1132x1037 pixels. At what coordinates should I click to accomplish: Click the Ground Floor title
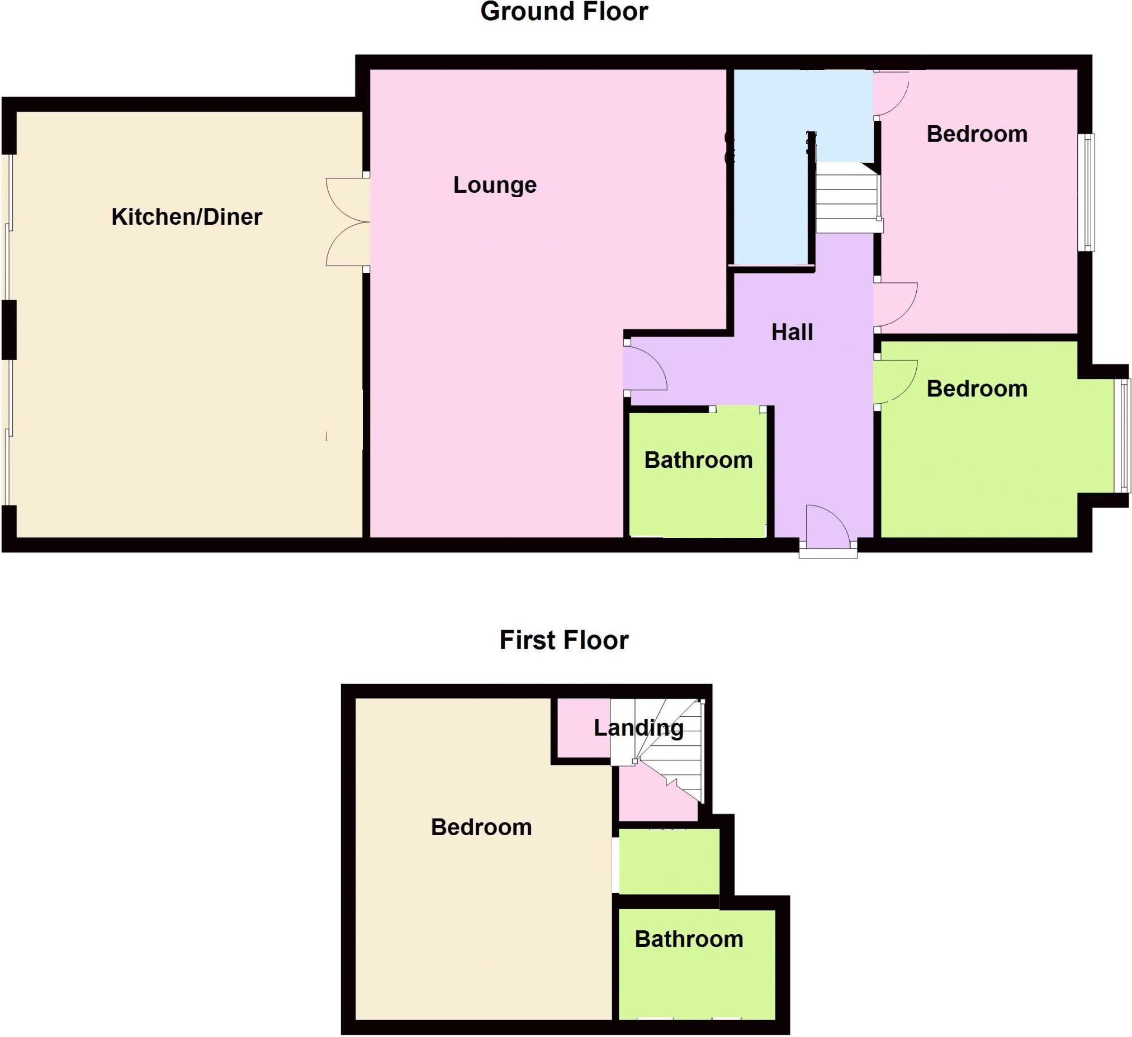click(563, 12)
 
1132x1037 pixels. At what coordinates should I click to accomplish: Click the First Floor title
click(563, 640)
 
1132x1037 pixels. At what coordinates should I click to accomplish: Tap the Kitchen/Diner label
click(186, 217)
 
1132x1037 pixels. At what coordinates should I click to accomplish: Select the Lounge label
click(495, 185)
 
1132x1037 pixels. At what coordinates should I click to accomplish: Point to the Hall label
click(792, 333)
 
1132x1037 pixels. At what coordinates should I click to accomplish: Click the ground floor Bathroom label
click(698, 461)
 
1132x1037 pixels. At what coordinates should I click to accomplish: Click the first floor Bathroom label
click(689, 939)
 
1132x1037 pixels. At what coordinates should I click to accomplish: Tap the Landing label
click(638, 728)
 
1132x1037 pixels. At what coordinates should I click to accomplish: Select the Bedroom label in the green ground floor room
click(977, 389)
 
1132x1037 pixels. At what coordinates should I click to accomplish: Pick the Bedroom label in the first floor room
click(481, 827)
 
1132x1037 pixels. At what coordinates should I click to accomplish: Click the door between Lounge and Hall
click(645, 367)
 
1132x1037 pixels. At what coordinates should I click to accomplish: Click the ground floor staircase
click(848, 198)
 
